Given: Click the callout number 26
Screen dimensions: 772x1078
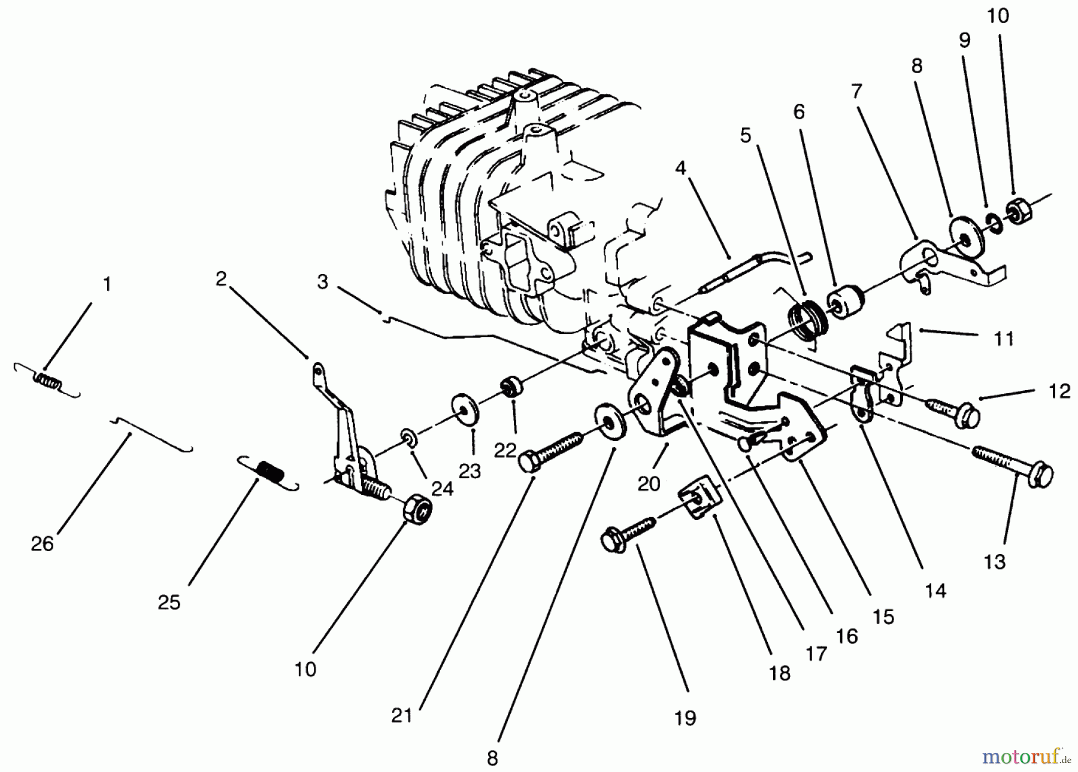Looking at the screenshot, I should (42, 544).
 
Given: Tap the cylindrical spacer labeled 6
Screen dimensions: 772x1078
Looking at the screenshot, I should (844, 300).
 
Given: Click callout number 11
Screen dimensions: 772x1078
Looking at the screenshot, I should (1004, 339).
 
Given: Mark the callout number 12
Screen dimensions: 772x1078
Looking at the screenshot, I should (1059, 391).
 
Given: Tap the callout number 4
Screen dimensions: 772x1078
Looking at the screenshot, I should (680, 168).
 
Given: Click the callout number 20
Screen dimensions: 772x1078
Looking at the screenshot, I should (649, 484).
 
